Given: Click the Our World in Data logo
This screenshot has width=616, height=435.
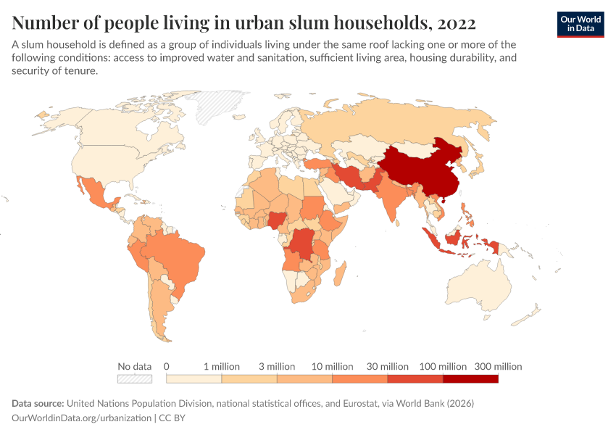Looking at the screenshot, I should (x=580, y=24).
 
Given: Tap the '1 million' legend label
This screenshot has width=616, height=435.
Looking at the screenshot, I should (x=221, y=367).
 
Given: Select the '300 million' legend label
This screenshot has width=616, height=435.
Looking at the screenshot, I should (x=498, y=367).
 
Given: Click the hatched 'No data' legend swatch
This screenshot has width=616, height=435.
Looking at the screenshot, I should (x=135, y=378).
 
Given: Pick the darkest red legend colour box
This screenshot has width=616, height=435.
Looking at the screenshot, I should (x=470, y=378).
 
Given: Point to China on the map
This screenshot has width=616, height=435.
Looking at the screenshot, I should (x=420, y=167).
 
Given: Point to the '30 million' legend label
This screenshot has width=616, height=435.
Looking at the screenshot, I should (x=387, y=367).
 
